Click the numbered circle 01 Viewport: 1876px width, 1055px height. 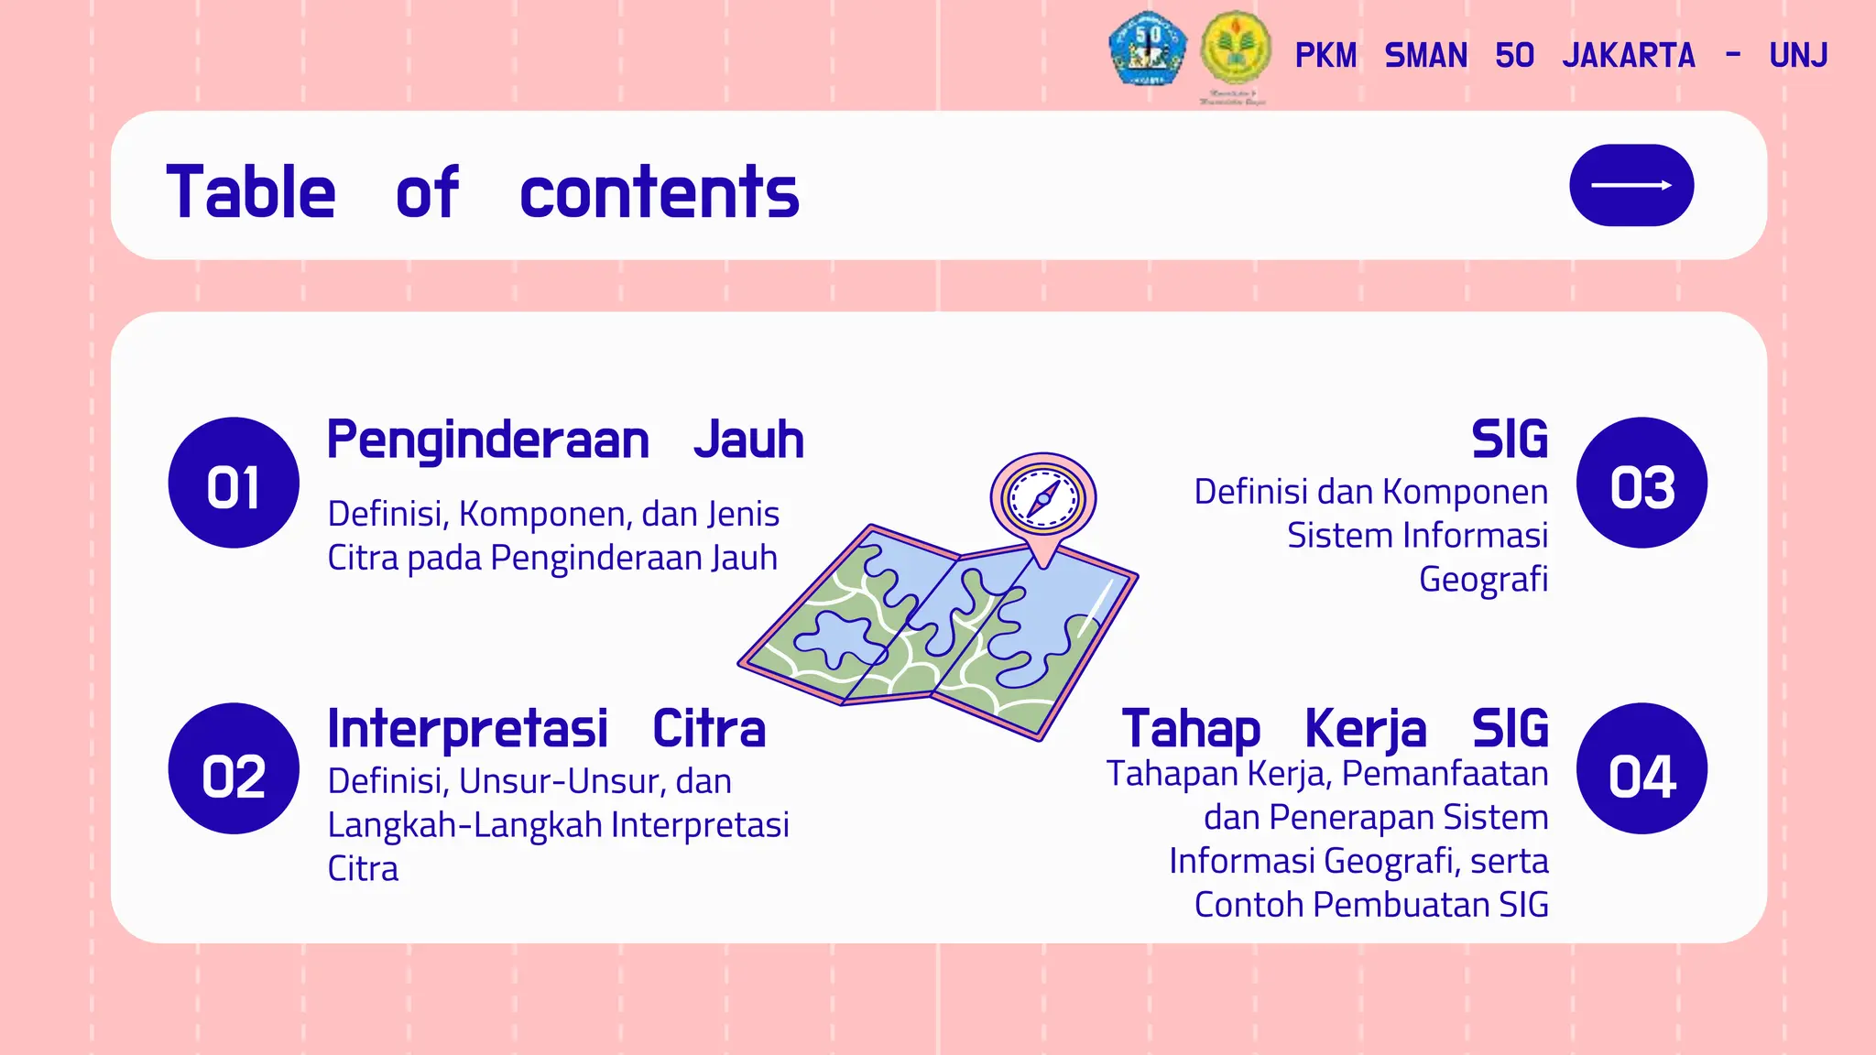tap(234, 483)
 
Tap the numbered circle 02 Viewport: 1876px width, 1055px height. tap(234, 768)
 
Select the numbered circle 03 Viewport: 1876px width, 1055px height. tap(1641, 483)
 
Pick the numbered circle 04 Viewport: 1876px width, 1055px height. tap(1641, 768)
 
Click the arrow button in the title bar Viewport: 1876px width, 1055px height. tap(1631, 185)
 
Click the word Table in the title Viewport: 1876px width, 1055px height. tap(251, 192)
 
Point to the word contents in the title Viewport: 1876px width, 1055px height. tap(659, 192)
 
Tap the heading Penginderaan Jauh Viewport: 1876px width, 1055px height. tap(565, 440)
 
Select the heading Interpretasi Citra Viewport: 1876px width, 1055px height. tap(546, 729)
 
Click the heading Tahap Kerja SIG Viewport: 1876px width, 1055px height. tap(1335, 729)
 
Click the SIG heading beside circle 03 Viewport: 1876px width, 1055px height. tap(1509, 440)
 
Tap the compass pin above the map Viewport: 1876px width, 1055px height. tap(1042, 500)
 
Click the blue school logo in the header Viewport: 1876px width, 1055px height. tap(1148, 49)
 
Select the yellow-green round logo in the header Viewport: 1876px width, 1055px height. tap(1235, 49)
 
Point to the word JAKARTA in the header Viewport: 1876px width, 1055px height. tap(1629, 56)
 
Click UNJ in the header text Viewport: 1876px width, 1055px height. tap(1798, 56)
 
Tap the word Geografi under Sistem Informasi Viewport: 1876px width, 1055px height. tap(1483, 580)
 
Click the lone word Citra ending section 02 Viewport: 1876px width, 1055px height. tap(363, 869)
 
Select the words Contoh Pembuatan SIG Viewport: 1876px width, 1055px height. tap(1370, 905)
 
